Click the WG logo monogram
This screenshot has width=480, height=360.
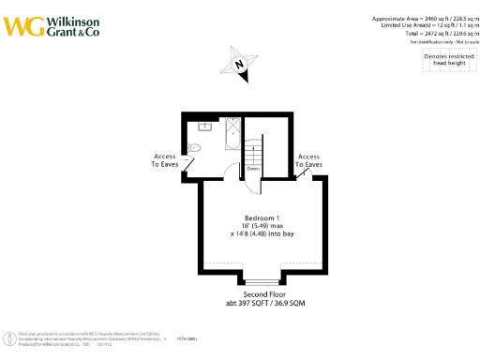pyautogui.click(x=24, y=25)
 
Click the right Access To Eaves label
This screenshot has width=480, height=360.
pyautogui.click(x=309, y=160)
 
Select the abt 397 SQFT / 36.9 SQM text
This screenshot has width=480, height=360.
pyautogui.click(x=264, y=305)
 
